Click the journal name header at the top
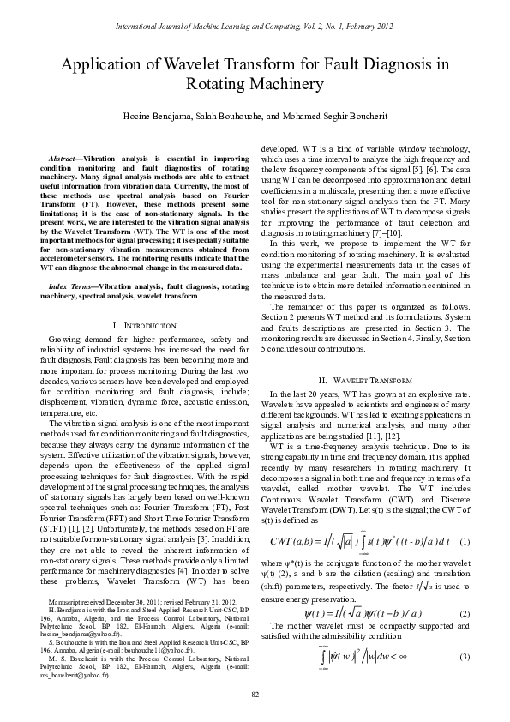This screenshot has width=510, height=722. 255,27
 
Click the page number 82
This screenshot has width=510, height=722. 255,693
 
